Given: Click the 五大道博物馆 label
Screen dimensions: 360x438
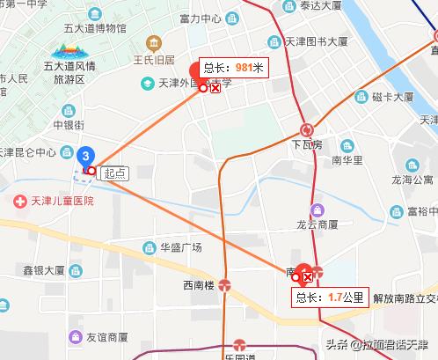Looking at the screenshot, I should point(86,28).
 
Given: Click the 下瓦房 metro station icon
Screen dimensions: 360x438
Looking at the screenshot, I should point(306,129).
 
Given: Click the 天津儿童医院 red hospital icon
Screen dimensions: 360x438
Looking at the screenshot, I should point(19,201).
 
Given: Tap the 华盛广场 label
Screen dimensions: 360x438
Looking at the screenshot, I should point(181,247).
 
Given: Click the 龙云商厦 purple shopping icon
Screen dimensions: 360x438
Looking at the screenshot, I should point(317,209).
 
